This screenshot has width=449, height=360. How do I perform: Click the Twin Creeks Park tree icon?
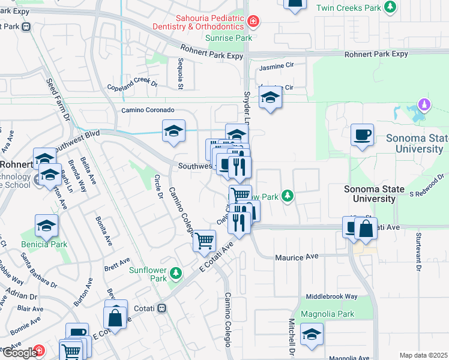(391, 7)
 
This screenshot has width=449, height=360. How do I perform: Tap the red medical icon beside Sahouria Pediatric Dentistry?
(253, 22)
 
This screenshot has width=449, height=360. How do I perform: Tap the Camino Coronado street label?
(148, 110)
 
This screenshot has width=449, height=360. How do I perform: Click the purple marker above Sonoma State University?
(425, 105)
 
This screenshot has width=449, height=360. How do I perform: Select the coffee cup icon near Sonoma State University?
(362, 135)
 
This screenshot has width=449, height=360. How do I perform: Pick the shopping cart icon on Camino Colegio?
(205, 241)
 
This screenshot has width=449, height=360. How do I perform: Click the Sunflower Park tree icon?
(175, 274)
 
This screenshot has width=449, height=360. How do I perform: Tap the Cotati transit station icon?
(161, 308)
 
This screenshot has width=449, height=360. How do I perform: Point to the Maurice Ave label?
(297, 257)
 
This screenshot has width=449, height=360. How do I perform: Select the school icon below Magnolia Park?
(312, 335)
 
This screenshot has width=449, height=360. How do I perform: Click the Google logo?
(19, 352)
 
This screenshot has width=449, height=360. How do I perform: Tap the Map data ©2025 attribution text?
(423, 355)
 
